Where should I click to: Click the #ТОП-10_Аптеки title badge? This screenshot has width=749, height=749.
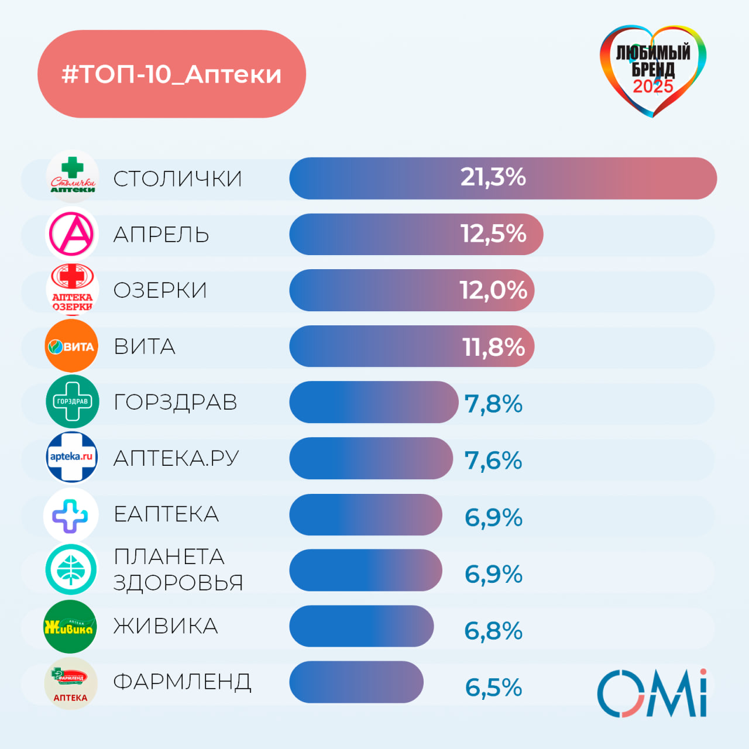(171, 74)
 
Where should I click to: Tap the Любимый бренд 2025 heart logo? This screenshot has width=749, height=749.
(653, 70)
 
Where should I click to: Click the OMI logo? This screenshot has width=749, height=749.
(652, 693)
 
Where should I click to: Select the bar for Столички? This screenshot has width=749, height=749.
(503, 178)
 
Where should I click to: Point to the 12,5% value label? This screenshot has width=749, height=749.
(493, 234)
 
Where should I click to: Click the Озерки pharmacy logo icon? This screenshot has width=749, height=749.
(72, 290)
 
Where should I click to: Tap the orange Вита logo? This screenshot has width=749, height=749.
(71, 346)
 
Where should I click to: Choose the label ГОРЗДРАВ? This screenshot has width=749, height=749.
(176, 403)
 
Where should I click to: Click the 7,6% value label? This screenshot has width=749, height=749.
(493, 461)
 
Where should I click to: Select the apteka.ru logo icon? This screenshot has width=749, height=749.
(71, 457)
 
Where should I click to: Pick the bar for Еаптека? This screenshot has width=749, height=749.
(366, 515)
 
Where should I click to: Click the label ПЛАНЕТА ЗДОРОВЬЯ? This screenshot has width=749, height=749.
(178, 569)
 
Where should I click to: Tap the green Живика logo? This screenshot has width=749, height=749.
(70, 627)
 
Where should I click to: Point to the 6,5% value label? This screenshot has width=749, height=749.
(493, 688)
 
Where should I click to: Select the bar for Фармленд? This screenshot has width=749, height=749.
(356, 682)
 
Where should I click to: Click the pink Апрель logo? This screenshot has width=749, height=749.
(71, 234)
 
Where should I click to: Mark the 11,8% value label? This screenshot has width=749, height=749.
(493, 347)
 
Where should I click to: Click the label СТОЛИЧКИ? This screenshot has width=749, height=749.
(177, 179)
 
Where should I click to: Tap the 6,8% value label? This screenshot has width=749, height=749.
(493, 631)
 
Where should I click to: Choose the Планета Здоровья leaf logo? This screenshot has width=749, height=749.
(71, 569)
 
